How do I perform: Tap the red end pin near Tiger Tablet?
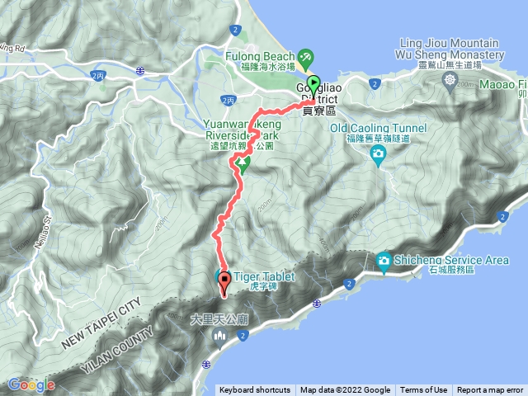pos(224,282)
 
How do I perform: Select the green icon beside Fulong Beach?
pos(306,57)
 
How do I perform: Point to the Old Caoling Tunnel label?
pos(378,128)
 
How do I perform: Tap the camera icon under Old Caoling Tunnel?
pos(378,153)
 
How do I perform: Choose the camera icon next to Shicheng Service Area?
pos(384,262)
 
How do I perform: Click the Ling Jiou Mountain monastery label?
pos(450,49)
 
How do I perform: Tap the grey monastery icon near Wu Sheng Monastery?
pos(450,79)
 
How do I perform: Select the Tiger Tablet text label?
pos(260,276)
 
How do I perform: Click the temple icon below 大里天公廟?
pos(219,334)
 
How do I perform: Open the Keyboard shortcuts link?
pos(254,390)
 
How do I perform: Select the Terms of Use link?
pos(423,390)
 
